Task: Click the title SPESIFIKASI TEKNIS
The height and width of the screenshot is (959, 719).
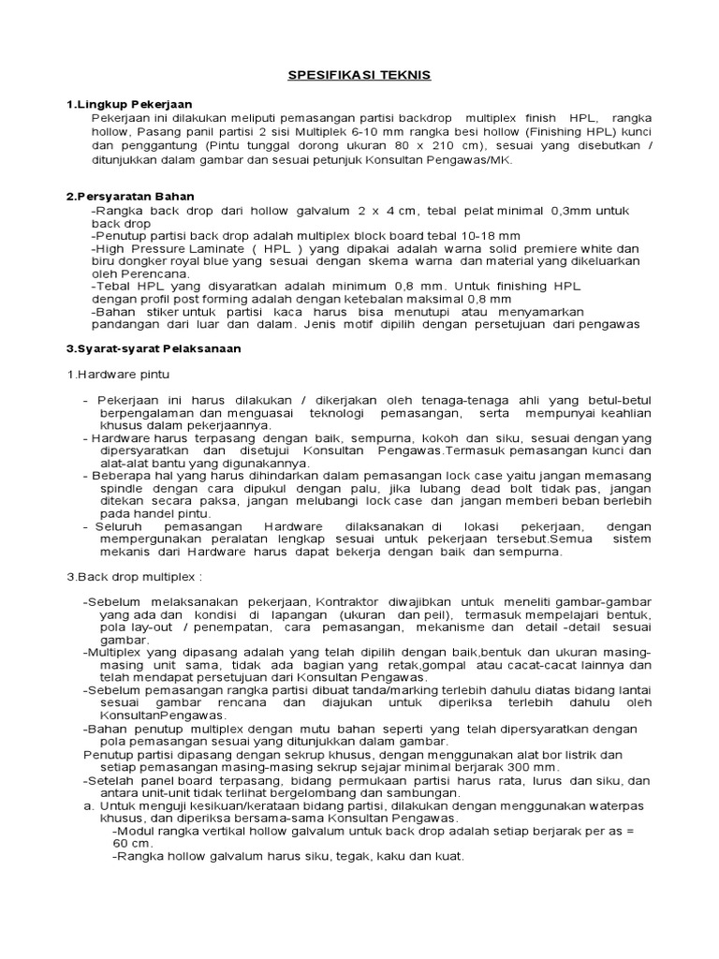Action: [x=359, y=75]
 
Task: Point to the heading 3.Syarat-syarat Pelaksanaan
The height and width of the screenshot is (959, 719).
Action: [x=154, y=347]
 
